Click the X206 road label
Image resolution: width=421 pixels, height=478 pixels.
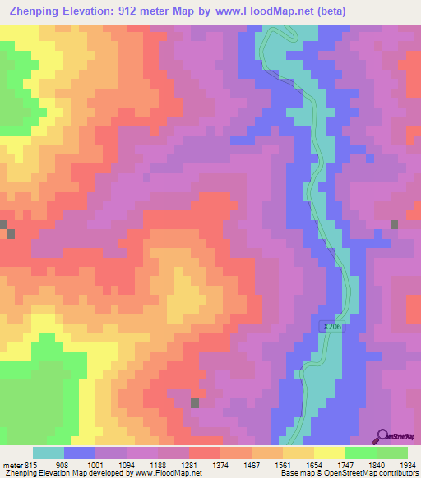point(330,326)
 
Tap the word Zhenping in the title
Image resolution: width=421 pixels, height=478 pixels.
point(32,11)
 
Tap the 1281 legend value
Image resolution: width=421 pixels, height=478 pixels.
point(190,464)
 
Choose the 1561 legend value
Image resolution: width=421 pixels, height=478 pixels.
point(284,464)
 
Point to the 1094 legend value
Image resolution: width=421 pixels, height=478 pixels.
point(127,464)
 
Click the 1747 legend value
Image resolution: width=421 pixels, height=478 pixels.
point(346,464)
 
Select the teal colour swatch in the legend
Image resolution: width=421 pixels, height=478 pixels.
point(49,453)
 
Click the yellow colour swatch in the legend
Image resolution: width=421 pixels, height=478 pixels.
point(329,453)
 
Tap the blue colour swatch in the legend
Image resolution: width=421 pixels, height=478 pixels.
point(80,453)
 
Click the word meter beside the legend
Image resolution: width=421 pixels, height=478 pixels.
point(12,464)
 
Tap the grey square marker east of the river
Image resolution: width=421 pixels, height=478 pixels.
point(395,224)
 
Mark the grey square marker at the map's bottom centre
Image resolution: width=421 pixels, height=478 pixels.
point(195,402)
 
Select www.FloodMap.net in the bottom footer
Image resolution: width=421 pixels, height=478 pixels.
point(165,474)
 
